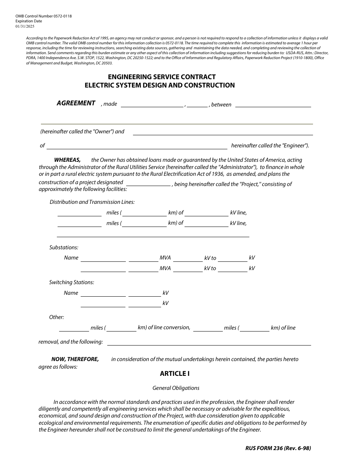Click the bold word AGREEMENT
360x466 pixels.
(x=76, y=103)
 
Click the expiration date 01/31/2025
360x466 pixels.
(x=24, y=26)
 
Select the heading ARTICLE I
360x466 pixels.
(x=175, y=374)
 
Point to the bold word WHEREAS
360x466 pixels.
(x=67, y=160)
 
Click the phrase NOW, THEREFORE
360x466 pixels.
(x=75, y=359)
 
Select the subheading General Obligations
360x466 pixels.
(x=176, y=388)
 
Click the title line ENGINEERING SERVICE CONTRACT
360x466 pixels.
(x=162, y=77)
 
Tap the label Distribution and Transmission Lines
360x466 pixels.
(x=92, y=202)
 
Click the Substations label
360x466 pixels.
(x=64, y=247)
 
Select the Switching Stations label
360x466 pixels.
(x=72, y=282)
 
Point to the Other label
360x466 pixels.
(x=56, y=317)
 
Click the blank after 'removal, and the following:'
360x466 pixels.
(x=209, y=342)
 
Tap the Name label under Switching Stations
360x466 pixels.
(x=71, y=293)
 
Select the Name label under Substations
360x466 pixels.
(x=71, y=258)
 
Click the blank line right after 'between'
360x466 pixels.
(x=273, y=105)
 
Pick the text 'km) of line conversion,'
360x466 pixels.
(x=164, y=327)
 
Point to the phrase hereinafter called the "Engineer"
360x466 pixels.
(x=270, y=145)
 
